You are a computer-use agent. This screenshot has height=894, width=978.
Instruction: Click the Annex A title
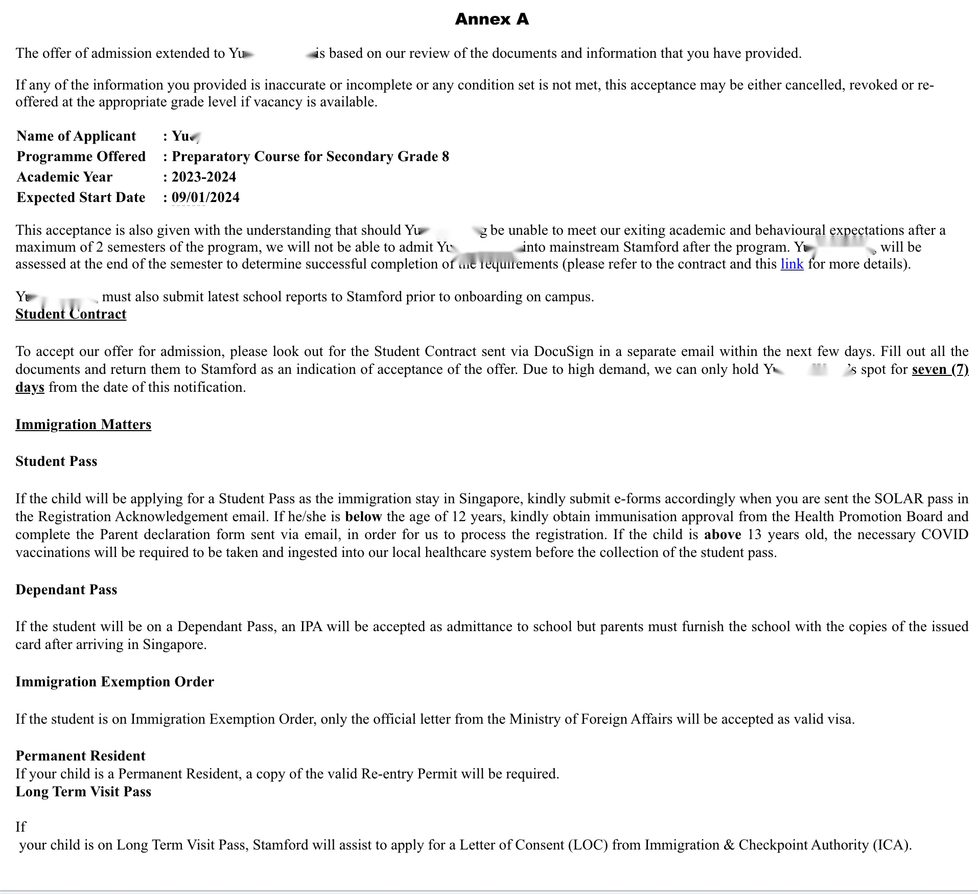point(492,19)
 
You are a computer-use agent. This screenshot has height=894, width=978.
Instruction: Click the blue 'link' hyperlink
point(791,264)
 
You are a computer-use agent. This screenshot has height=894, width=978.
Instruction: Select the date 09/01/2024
point(205,197)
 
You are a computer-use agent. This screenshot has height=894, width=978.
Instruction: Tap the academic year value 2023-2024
point(204,177)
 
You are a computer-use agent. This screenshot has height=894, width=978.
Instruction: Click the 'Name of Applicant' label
point(76,136)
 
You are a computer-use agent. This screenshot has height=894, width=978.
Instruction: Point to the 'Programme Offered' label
point(81,157)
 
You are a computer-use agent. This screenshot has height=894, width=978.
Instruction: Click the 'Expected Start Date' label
point(81,197)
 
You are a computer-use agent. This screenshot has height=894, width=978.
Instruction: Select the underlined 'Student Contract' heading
point(71,314)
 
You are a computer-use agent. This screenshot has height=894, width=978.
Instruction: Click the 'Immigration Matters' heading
point(83,424)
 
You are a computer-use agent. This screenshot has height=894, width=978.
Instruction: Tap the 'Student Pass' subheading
point(56,461)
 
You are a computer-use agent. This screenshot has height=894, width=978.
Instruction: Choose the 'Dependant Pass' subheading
point(66,590)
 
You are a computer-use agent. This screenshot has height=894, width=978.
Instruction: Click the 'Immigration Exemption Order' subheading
point(114,682)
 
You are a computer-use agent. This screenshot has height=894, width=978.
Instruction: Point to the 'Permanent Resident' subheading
point(80,756)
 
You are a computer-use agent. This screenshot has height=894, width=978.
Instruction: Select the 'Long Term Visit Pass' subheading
point(83,792)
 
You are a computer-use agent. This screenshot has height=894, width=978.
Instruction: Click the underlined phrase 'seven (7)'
point(940,369)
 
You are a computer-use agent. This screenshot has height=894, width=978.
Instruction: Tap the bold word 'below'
point(363,517)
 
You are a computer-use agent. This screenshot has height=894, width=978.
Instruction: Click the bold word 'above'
point(723,534)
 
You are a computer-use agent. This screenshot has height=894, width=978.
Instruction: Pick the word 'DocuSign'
point(564,351)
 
